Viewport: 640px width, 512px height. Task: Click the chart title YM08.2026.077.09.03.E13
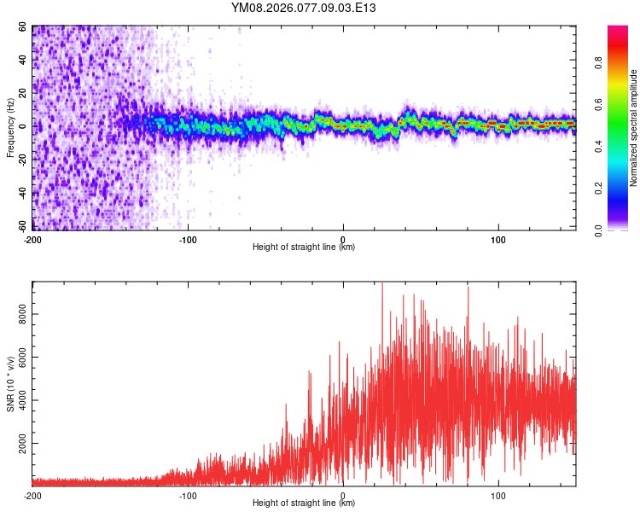pos(304,9)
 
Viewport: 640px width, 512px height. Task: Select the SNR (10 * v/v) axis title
pos(11,383)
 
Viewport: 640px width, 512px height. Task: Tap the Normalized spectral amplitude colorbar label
pos(634,128)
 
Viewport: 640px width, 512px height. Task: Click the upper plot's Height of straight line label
pos(304,247)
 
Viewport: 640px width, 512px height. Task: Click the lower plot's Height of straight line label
pos(304,503)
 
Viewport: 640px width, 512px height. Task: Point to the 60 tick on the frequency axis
pos(22,27)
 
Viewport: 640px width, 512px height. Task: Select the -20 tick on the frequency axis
pos(20,160)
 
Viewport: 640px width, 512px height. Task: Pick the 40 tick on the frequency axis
pos(22,61)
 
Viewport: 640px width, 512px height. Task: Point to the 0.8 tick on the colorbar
pos(598,61)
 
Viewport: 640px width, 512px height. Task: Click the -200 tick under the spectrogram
pos(32,238)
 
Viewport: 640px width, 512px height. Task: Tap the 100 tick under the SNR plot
pos(498,494)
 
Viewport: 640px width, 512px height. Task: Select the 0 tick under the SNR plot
pos(343,494)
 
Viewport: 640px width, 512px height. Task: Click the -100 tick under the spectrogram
pos(187,238)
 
